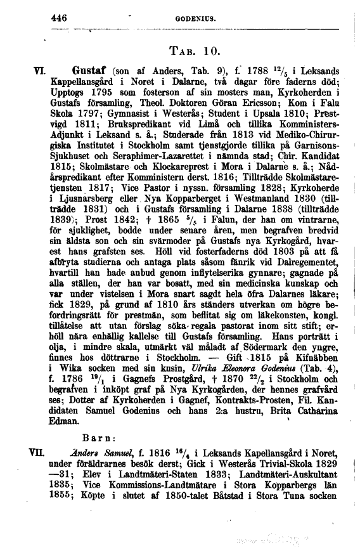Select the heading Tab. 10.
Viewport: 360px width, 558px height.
coord(195,51)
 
